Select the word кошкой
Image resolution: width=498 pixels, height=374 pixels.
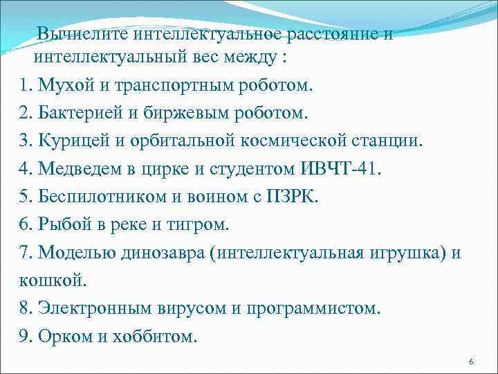tap(42, 279)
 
